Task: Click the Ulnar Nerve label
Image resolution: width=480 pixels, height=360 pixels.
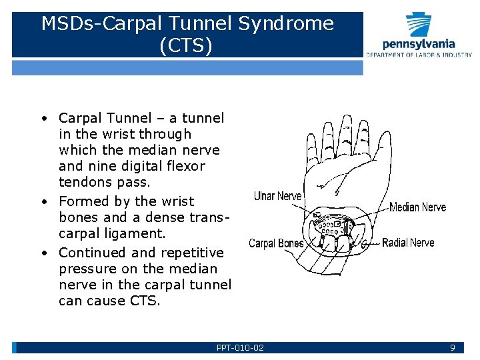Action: pos(278,196)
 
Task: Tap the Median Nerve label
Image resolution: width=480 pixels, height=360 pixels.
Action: pos(418,207)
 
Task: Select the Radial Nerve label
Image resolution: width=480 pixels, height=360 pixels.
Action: pos(408,243)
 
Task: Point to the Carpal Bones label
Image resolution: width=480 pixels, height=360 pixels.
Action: pos(276,243)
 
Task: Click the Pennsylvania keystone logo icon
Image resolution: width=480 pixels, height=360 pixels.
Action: pos(419,25)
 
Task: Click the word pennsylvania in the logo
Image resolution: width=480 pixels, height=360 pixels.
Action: pos(419,44)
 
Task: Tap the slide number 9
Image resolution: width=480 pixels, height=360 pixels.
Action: pos(452,347)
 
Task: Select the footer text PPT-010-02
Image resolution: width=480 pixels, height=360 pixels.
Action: pos(240,347)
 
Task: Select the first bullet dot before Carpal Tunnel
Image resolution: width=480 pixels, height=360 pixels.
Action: pos(42,119)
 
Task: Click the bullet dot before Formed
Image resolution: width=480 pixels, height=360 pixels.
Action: pos(42,201)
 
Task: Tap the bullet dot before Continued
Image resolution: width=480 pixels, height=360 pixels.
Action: pos(42,253)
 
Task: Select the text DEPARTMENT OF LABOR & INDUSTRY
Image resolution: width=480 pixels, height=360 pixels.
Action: pos(419,55)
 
